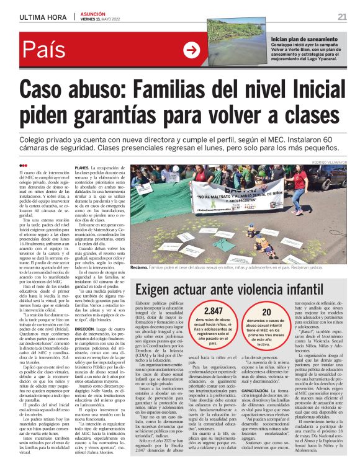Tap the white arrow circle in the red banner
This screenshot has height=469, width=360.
click(x=192, y=50)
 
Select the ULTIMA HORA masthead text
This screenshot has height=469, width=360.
click(x=39, y=16)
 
